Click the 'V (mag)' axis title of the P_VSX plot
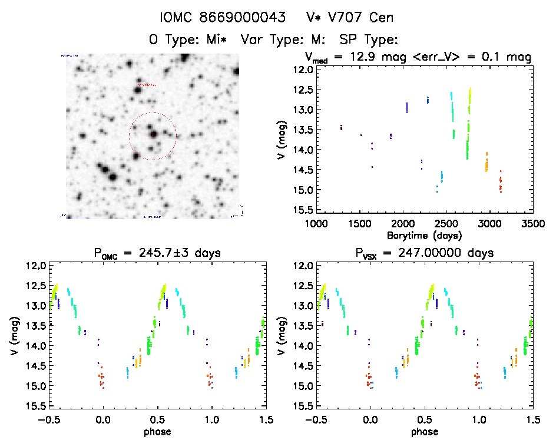point(281,336)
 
